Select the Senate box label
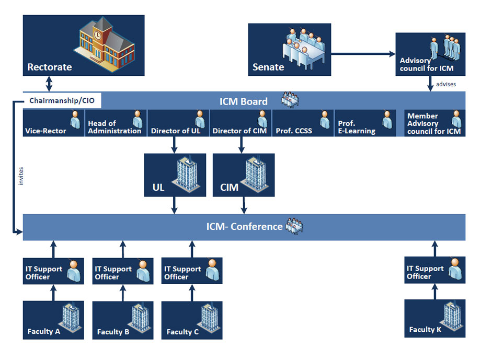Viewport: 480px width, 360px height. pyautogui.click(x=268, y=67)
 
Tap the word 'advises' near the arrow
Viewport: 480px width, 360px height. pyautogui.click(x=445, y=84)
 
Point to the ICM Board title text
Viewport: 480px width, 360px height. pyautogui.click(x=243, y=101)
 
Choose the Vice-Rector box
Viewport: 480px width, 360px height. pyautogui.click(x=53, y=123)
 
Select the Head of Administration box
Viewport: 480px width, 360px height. pyautogui.click(x=116, y=123)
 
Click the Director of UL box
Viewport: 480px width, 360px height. pyautogui.click(x=178, y=123)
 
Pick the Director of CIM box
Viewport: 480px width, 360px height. pyautogui.click(x=240, y=123)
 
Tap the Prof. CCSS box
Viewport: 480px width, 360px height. pyautogui.click(x=303, y=123)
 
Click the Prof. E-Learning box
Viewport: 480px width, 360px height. pyautogui.click(x=364, y=123)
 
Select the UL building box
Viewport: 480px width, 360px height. pyautogui.click(x=175, y=175)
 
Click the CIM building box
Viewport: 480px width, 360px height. pyautogui.click(x=243, y=175)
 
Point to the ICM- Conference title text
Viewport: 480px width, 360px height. pyautogui.click(x=244, y=227)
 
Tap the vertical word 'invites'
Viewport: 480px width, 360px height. pyautogui.click(x=21, y=176)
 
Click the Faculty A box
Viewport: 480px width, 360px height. pyautogui.click(x=53, y=320)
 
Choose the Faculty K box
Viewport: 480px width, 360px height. pyautogui.click(x=435, y=318)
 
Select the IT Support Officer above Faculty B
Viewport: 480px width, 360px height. pyautogui.click(x=123, y=271)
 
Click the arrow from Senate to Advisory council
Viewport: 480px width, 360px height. pyautogui.click(x=363, y=53)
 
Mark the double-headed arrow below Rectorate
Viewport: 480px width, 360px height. pyautogui.click(x=49, y=84)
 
